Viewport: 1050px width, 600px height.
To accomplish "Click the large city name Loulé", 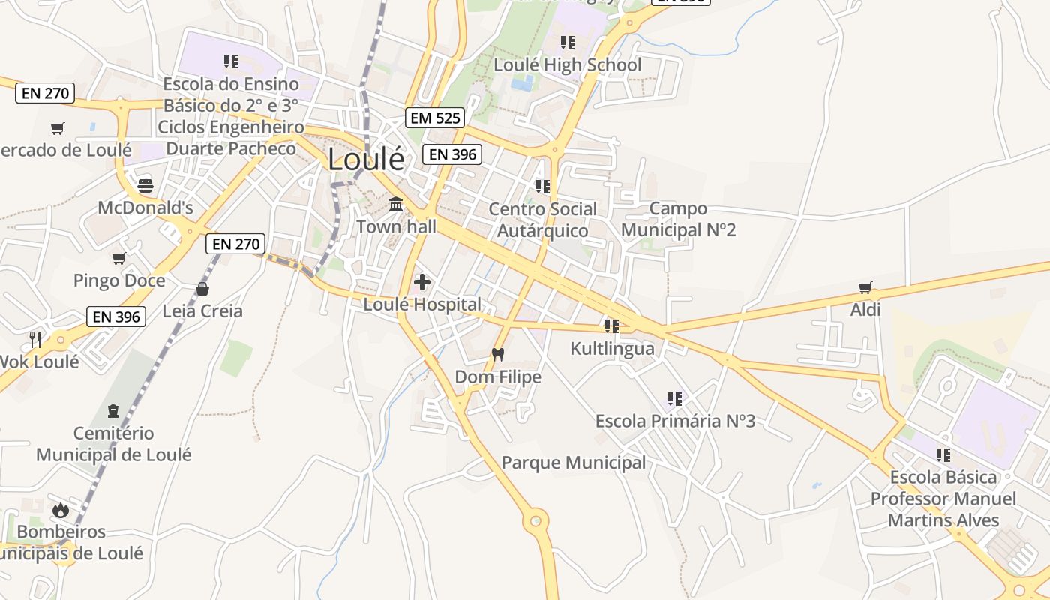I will click(x=366, y=159).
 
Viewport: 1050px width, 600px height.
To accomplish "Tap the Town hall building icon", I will click(x=396, y=204).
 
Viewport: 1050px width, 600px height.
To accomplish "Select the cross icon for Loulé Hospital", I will click(x=422, y=282).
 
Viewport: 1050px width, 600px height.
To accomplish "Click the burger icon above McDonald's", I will click(x=145, y=184).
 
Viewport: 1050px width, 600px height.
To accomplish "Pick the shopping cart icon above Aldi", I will click(x=865, y=287).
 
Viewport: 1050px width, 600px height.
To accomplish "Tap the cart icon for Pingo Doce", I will click(x=118, y=259).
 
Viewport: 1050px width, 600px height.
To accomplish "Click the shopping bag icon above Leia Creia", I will click(x=202, y=289).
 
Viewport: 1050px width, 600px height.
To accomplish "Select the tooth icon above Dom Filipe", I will click(x=497, y=354).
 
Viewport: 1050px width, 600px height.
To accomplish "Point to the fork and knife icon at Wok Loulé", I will click(x=35, y=339).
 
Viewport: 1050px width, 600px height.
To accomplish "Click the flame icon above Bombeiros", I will click(x=61, y=510).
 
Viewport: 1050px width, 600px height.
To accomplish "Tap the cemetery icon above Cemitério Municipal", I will click(x=113, y=410).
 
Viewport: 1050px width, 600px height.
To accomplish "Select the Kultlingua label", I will click(x=612, y=349).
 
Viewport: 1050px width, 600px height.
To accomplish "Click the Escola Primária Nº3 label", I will click(x=675, y=421).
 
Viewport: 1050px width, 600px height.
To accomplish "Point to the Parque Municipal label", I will click(x=574, y=463).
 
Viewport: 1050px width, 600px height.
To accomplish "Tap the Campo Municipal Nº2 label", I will click(x=678, y=219).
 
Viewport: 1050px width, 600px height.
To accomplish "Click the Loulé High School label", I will click(x=567, y=65).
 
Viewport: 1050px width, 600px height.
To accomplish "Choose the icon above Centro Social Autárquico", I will click(x=543, y=186).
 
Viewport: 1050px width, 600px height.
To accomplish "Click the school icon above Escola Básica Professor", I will click(x=943, y=454).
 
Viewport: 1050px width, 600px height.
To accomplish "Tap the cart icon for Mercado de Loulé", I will click(x=58, y=128).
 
